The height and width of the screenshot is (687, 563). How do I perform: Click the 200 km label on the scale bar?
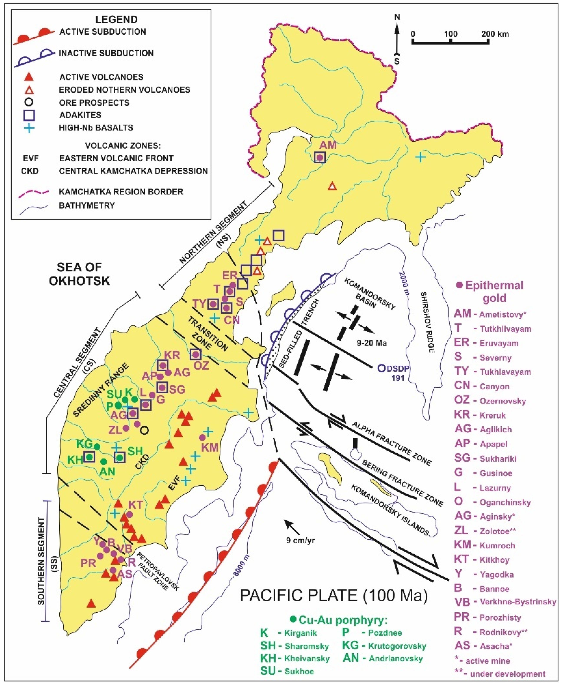(495, 34)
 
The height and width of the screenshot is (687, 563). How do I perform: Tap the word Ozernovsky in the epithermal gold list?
(503, 401)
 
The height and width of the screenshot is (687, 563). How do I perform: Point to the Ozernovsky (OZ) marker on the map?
(196, 354)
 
